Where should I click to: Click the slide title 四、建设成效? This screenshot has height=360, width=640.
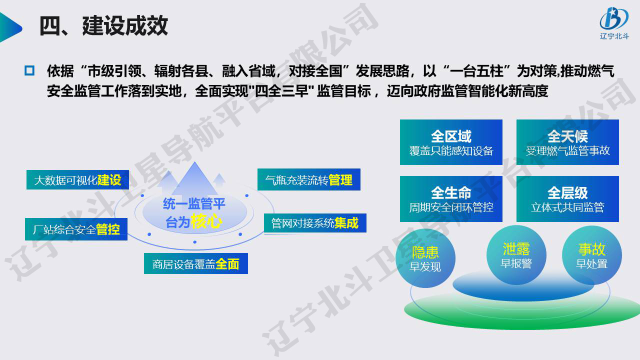[x=103, y=26]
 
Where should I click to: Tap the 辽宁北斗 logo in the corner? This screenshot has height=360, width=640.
[x=614, y=23]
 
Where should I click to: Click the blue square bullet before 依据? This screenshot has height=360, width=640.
[x=29, y=70]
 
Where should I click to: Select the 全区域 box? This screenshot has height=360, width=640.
[x=451, y=142]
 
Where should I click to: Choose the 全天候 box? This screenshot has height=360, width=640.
[x=567, y=142]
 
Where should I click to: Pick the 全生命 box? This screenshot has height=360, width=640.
[x=451, y=199]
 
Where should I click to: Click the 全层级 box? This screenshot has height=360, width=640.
[x=567, y=199]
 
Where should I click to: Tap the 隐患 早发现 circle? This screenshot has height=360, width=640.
[x=425, y=258]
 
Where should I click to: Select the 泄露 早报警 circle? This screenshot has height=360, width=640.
[x=516, y=255]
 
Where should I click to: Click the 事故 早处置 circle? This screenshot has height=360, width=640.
[x=591, y=255]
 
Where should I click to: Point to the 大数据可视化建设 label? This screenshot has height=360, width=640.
[x=77, y=179]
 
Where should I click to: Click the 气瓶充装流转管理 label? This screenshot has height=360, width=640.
[x=309, y=179]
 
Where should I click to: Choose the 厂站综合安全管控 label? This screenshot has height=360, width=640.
[x=76, y=229]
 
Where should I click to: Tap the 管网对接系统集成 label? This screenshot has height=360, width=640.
[x=315, y=223]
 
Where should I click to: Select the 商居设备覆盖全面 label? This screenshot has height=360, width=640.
[x=195, y=263]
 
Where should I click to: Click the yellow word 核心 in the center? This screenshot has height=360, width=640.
[x=206, y=221]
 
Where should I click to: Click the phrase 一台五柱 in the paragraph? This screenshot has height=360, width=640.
[x=476, y=71]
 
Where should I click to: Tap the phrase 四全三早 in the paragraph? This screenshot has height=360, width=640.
[x=281, y=91]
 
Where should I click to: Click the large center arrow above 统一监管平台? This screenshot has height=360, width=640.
[x=195, y=179]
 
